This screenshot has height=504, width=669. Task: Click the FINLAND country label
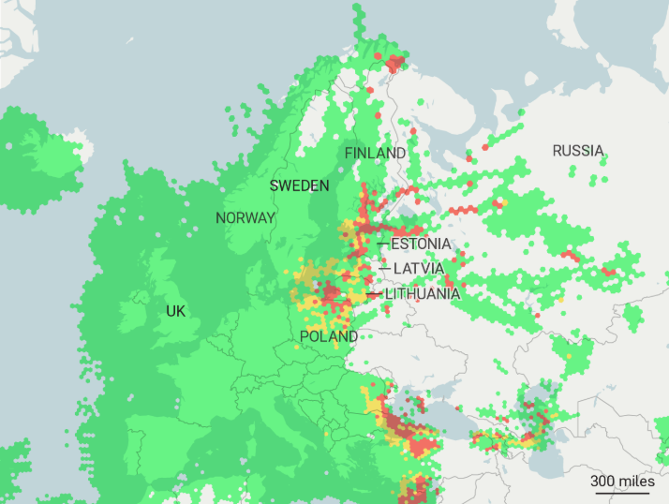(375, 153)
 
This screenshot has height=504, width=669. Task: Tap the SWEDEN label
(299, 185)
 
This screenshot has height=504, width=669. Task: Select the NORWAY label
(245, 217)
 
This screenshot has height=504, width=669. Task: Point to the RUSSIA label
(578, 151)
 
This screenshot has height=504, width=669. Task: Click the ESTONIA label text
(421, 244)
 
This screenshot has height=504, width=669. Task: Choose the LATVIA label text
(418, 269)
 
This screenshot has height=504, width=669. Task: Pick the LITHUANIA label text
(423, 294)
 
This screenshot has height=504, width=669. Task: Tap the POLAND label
(329, 336)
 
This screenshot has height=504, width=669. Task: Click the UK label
(175, 311)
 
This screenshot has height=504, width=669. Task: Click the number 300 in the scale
(604, 481)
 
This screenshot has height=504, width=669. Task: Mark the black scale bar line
(622, 492)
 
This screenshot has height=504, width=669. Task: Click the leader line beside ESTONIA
(382, 244)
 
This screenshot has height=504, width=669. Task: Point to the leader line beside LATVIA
(384, 269)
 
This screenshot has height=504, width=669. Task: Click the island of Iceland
(37, 150)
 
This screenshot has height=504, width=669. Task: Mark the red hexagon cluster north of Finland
(394, 63)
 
